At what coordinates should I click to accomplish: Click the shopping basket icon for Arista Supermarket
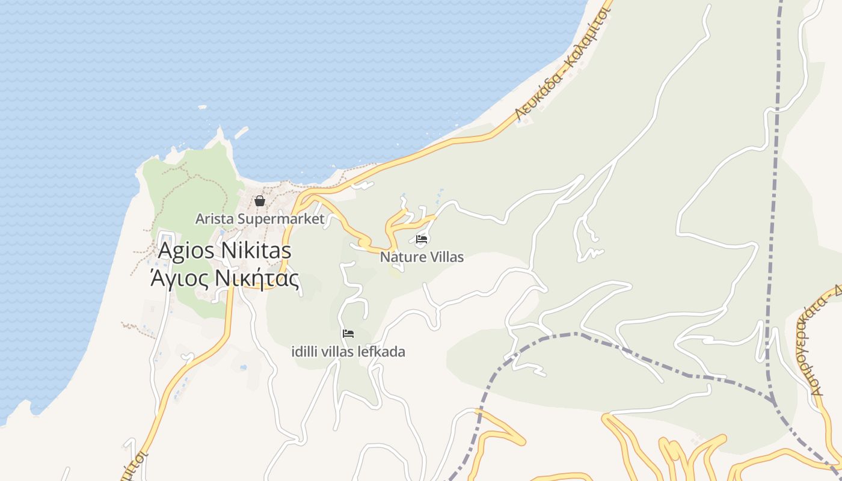260,201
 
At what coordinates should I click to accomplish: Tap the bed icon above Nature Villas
422,239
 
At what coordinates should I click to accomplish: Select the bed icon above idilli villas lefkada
348,334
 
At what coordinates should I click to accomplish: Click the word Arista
215,219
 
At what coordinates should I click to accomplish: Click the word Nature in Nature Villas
399,257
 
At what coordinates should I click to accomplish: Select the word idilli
304,352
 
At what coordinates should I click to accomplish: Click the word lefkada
384,352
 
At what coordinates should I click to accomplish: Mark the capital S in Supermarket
241,219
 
